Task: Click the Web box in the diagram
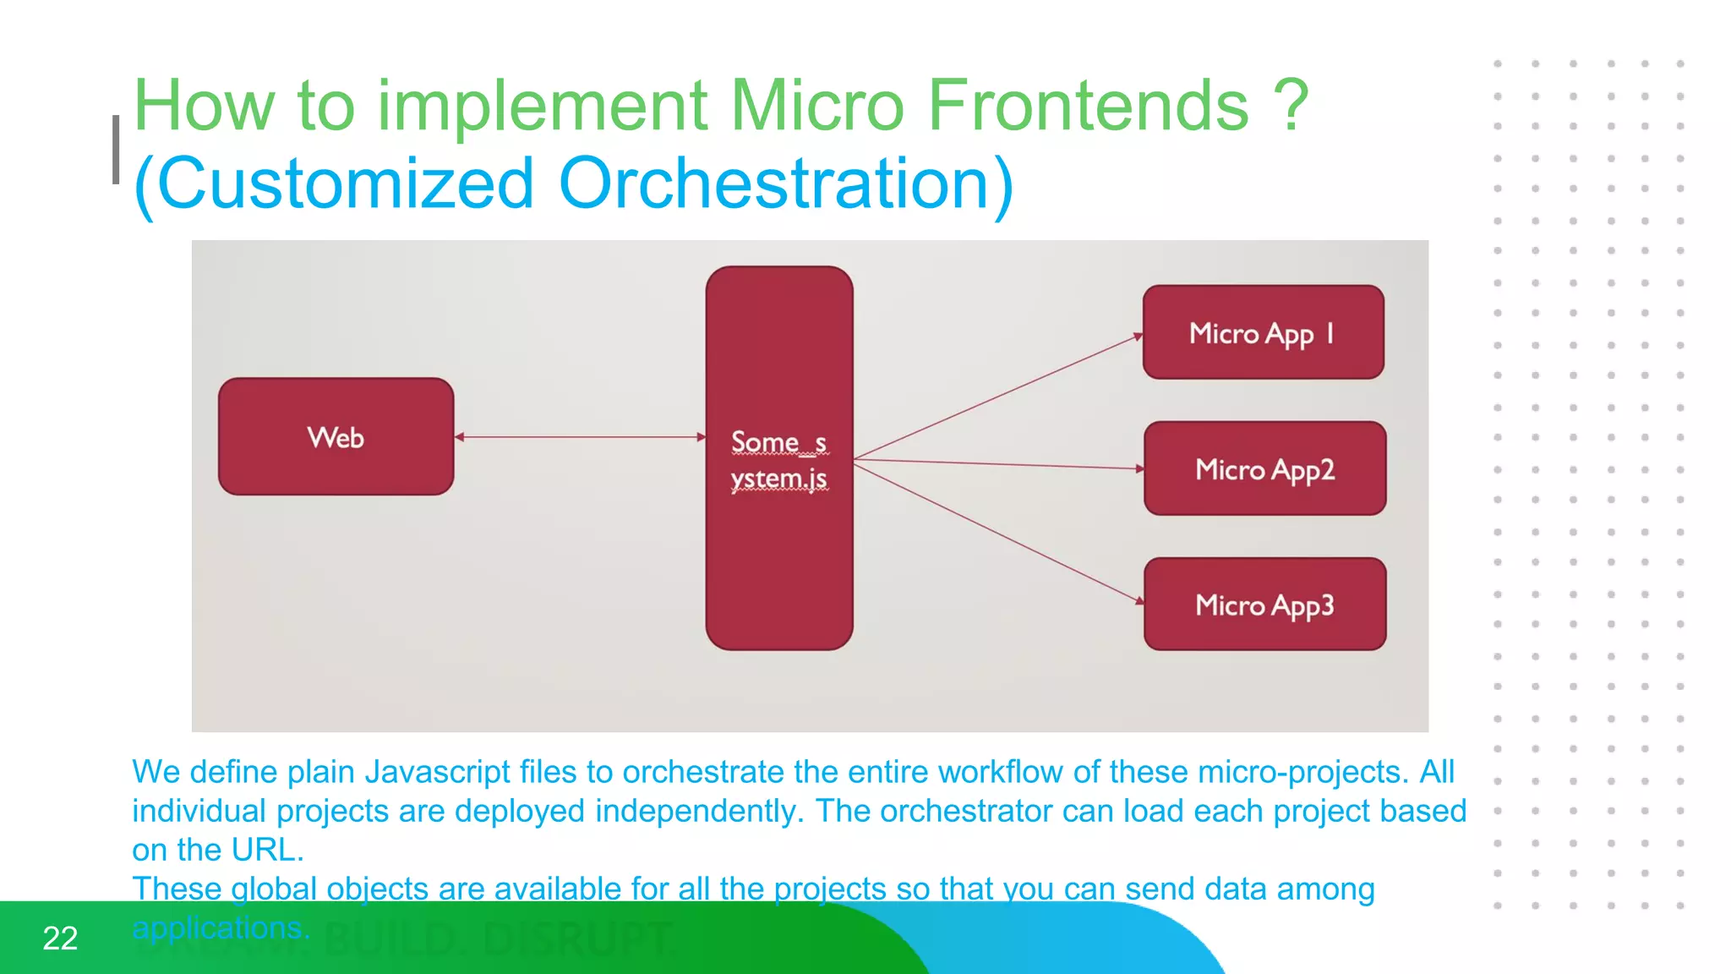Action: (336, 436)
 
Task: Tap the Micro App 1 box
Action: (1263, 332)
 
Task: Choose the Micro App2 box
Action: (1264, 468)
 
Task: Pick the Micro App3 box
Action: (1264, 605)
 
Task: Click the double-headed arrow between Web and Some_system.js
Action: (580, 437)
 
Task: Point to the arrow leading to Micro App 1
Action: (997, 397)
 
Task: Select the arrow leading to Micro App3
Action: (997, 532)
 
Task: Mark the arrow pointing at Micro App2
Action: (997, 463)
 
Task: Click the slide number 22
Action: (60, 938)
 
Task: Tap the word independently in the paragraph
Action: (699, 811)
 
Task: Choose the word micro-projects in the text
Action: (1302, 772)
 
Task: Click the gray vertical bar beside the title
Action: (116, 150)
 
